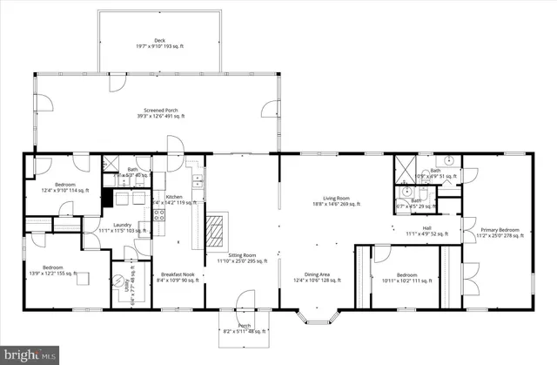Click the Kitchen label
[174, 198]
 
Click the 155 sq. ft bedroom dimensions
[55, 274]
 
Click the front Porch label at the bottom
[244, 328]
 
